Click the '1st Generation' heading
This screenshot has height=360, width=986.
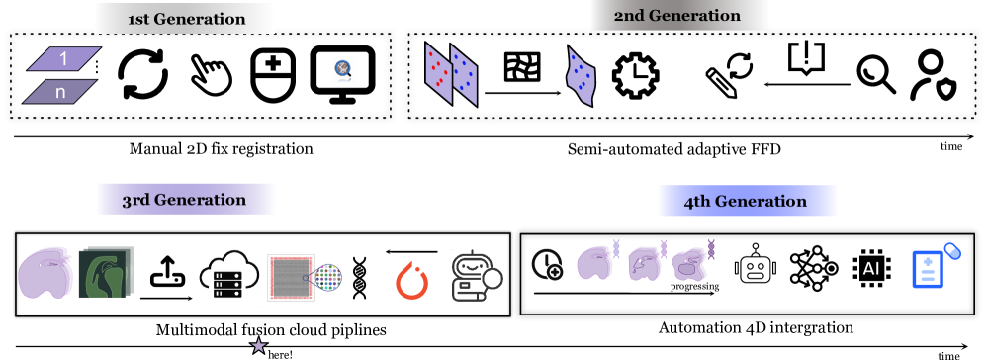[184, 19]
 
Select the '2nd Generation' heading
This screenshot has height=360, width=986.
[678, 16]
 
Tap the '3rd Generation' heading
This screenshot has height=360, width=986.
[185, 199]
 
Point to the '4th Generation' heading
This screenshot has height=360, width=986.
[747, 201]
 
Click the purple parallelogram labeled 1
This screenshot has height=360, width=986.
[64, 59]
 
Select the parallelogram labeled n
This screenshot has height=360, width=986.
[60, 92]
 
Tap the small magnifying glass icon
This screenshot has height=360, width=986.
[343, 70]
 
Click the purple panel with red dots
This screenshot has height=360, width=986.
[438, 71]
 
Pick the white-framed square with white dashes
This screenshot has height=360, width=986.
[522, 67]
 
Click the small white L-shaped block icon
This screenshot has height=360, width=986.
[636, 76]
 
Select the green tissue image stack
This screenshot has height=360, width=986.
[106, 272]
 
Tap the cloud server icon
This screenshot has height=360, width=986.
[229, 274]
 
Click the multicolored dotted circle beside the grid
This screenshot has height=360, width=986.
[327, 277]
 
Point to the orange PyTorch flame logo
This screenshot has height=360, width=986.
[411, 280]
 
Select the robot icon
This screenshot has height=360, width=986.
[477, 274]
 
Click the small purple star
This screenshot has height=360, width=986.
[259, 345]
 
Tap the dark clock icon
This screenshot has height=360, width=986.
[546, 264]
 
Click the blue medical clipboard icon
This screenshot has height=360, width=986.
[927, 269]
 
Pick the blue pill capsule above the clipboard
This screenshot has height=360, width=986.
[952, 250]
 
